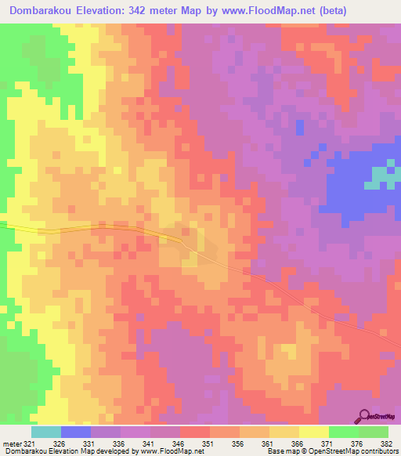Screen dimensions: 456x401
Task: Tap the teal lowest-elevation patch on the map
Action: (x=381, y=176)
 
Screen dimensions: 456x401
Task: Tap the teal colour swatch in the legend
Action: (x=46, y=432)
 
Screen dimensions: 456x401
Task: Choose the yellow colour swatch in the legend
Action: (x=314, y=432)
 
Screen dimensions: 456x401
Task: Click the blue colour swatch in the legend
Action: (x=76, y=432)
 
